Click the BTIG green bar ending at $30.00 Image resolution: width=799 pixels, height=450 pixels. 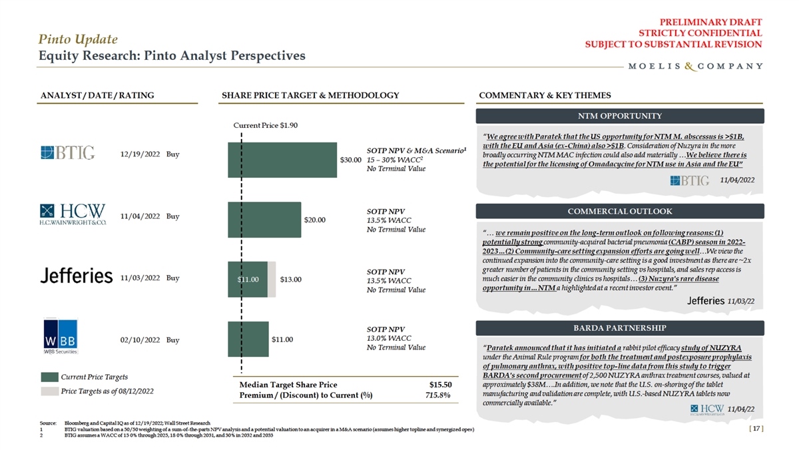click(x=282, y=160)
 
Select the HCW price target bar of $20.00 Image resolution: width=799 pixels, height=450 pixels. click(x=264, y=219)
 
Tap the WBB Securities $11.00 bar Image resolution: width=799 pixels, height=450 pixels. click(x=248, y=339)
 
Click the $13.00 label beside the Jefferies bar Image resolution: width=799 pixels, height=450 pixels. click(x=290, y=280)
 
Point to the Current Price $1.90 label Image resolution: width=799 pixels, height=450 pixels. click(x=260, y=125)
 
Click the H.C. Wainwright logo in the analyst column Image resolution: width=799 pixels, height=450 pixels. click(x=73, y=216)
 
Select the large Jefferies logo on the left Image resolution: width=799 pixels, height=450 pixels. click(x=76, y=277)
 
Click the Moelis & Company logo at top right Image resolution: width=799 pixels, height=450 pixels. click(x=695, y=66)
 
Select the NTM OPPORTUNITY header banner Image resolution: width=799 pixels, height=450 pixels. click(x=619, y=116)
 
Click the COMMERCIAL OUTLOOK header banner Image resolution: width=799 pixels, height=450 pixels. click(x=619, y=212)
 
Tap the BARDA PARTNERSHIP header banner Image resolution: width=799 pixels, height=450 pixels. click(x=619, y=328)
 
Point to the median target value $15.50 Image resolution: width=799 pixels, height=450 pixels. click(x=440, y=385)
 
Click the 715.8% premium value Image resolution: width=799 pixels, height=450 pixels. click(x=438, y=395)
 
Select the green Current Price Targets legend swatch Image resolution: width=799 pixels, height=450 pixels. click(x=50, y=377)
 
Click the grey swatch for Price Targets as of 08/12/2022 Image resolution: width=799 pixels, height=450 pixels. click(x=50, y=391)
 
